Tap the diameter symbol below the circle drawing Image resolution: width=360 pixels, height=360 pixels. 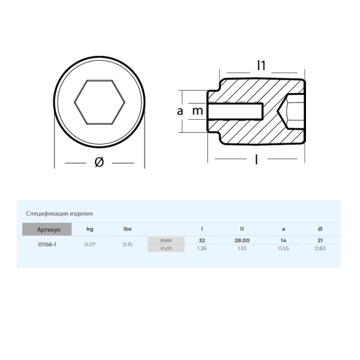(99, 162)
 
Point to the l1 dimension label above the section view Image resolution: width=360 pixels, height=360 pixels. (261, 65)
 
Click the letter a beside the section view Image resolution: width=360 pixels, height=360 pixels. (180, 111)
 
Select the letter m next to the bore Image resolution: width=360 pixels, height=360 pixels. (197, 111)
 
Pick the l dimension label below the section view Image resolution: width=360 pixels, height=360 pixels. (256, 160)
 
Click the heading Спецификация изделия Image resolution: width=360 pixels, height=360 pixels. (59, 214)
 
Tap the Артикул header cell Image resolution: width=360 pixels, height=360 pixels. (47, 229)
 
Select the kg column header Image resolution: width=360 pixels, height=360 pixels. (90, 229)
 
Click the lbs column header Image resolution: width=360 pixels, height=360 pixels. (127, 229)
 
